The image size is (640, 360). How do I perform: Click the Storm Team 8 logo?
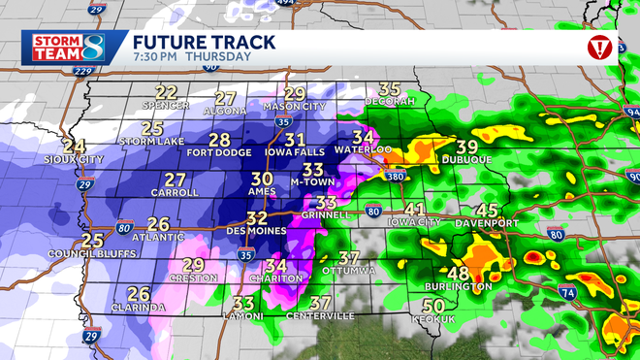point(65,48)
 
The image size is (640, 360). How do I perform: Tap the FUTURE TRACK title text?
point(204,42)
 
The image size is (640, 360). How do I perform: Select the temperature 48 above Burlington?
point(458,274)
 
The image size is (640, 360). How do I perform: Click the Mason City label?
point(294,106)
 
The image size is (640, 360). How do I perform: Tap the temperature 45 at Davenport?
point(487,211)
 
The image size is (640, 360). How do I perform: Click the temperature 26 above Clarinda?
point(139,294)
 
